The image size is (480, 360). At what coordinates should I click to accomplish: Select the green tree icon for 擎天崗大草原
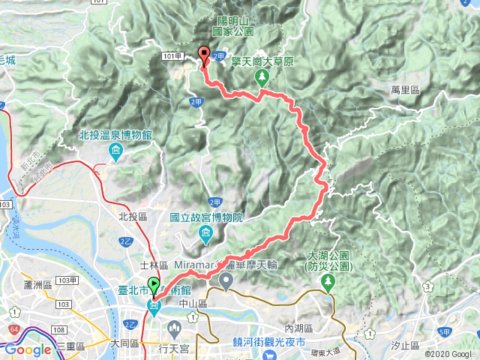coord(262,78)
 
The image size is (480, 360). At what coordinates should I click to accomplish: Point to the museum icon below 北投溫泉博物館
coord(115,153)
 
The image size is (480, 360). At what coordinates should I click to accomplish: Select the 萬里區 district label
coord(405,88)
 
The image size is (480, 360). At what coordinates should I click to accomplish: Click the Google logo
coord(27,350)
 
